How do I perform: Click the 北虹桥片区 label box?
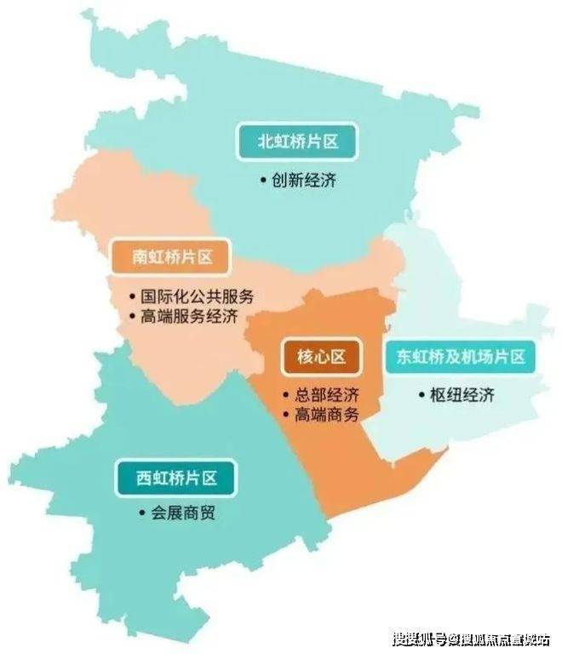tap(298, 141)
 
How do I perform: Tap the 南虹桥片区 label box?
tap(171, 256)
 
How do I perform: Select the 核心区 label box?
tap(321, 357)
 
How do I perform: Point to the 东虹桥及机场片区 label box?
tap(460, 358)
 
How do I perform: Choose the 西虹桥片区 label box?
tap(176, 478)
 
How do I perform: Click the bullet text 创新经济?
tap(305, 181)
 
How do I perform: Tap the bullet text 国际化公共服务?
tap(196, 297)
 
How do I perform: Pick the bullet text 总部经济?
tap(328, 396)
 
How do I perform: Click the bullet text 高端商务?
tap(328, 416)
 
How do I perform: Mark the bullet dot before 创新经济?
tap(264, 181)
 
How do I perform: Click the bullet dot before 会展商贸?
tap(141, 514)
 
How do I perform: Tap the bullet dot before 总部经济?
tap(286, 397)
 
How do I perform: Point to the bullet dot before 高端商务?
tap(286, 416)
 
